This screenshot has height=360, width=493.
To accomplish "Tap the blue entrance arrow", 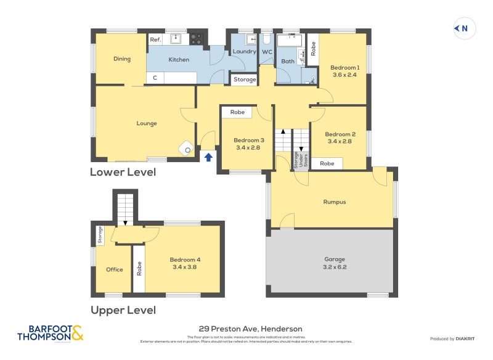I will [208, 157].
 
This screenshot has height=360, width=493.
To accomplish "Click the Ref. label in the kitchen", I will [156, 39].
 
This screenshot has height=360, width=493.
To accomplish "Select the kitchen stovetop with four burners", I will [196, 39].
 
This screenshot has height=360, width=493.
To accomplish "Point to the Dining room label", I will [122, 59].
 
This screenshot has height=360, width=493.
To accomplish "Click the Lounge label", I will [147, 123].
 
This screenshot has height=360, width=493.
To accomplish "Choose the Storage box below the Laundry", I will [245, 80].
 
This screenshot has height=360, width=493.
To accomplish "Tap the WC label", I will [267, 52].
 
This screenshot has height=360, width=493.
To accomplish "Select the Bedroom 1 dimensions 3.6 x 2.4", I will [345, 75].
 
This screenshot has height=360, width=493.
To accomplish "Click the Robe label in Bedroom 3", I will [237, 112].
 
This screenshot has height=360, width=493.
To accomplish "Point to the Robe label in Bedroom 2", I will [327, 163].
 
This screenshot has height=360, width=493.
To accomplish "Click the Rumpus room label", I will [335, 202].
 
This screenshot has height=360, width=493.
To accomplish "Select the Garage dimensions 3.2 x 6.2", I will [335, 266].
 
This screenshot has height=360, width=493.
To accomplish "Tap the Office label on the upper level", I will [115, 269].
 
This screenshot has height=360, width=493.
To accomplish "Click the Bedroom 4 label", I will [185, 260].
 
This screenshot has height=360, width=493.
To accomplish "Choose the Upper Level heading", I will [123, 310].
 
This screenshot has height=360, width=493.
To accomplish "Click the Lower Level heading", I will [123, 172].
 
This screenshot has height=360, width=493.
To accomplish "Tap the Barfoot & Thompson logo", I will [51, 333].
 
